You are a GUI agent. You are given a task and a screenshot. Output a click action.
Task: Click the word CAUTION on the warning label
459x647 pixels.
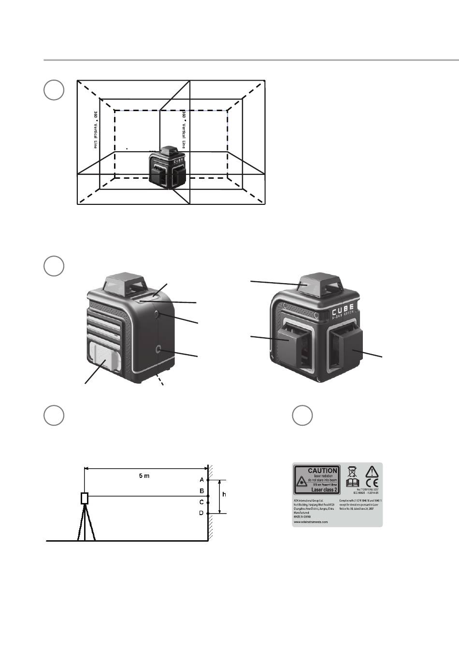coord(322,470)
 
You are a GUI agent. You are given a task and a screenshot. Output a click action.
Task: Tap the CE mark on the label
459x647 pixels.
coord(372,482)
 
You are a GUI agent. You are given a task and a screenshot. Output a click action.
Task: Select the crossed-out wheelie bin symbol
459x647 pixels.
coord(352,470)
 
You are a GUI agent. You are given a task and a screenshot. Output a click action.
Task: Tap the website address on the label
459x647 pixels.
coord(311,522)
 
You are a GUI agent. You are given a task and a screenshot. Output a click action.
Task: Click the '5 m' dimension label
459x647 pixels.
coord(144,476)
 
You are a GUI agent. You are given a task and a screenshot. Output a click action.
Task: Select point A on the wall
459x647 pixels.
coord(208,480)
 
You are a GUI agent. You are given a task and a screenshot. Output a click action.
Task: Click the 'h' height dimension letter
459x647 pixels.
coord(223,495)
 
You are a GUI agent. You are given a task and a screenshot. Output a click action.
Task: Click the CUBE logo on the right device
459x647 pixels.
coord(343,308)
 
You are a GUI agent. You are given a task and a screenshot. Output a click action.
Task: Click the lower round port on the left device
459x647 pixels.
coord(159,349)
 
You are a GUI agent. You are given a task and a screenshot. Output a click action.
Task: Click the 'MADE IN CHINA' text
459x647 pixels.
coord(303,517)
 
